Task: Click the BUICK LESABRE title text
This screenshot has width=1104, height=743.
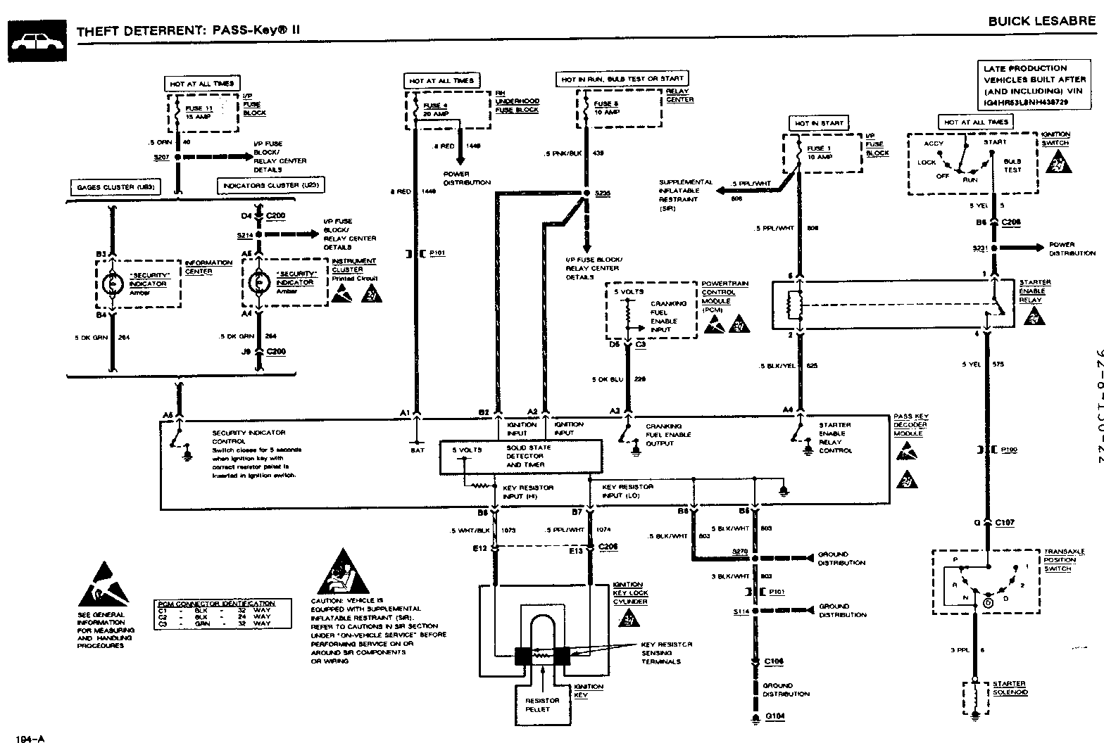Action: pos(1041,21)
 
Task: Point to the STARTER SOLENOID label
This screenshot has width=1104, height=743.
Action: pos(1009,688)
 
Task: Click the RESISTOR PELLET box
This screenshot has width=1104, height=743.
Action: pos(542,704)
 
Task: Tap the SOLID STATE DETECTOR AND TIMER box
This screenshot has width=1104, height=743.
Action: pos(521,457)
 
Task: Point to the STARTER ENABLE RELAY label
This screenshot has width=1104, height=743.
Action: pos(1035,291)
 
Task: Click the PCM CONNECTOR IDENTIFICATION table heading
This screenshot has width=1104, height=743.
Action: pos(215,604)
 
